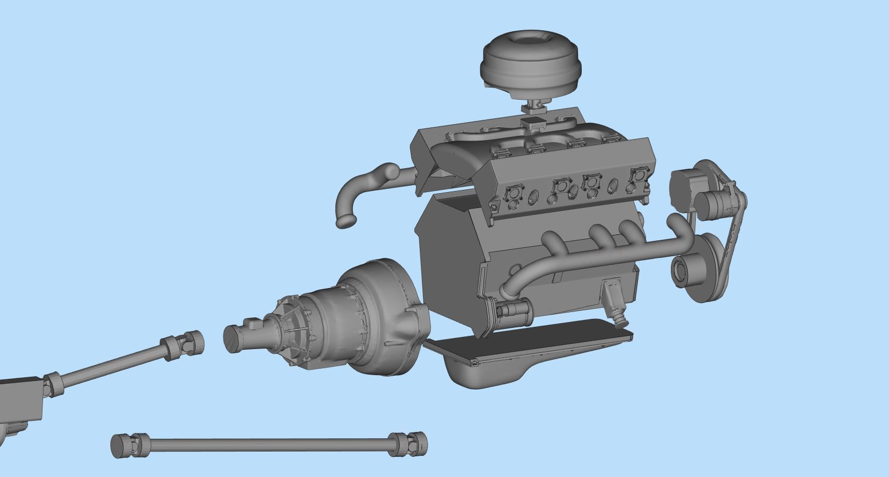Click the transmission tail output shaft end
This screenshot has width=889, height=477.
point(234,339)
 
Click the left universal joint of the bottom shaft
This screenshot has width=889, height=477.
point(130,446)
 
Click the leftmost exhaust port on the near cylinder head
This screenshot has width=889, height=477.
point(513,193)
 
